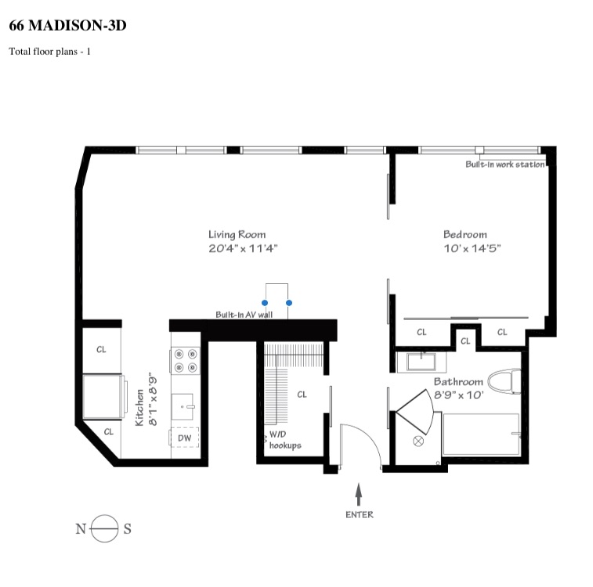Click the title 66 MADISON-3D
[x=67, y=26]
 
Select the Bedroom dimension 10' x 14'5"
[x=472, y=249]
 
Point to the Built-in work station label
[x=504, y=164]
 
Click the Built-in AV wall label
[x=244, y=315]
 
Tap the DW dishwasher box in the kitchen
[x=185, y=438]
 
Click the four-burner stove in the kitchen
[x=186, y=360]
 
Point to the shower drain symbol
[x=418, y=441]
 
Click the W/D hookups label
[x=284, y=440]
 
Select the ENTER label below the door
[x=359, y=514]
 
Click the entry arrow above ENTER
[x=359, y=493]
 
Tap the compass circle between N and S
[x=104, y=529]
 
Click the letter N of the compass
[x=80, y=529]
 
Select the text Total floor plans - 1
[x=50, y=52]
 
